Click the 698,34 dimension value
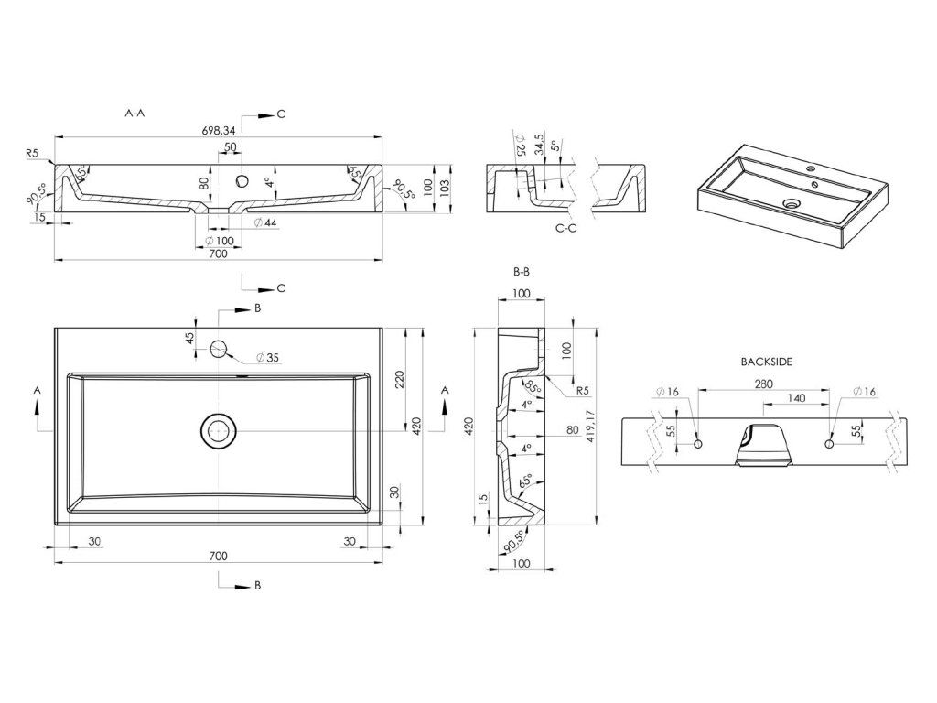[x=218, y=130]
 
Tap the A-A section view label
[x=135, y=114]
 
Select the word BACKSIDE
[x=766, y=362]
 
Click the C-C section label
[x=565, y=228]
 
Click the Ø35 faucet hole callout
[x=267, y=357]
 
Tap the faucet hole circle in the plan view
[x=220, y=348]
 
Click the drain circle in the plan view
[x=219, y=429]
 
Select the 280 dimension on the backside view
[x=765, y=384]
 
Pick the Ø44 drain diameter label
[x=265, y=223]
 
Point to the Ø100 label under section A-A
[x=219, y=240]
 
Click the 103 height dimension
[x=445, y=186]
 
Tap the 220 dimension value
[x=399, y=380]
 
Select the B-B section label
[x=522, y=272]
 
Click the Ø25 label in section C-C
[x=520, y=146]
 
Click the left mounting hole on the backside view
[x=699, y=444]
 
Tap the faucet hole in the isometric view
[x=811, y=170]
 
